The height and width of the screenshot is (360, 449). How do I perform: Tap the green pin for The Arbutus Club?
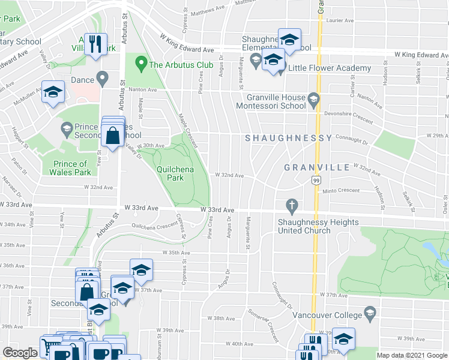point(141,62)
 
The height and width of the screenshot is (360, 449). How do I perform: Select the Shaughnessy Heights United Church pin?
point(292,205)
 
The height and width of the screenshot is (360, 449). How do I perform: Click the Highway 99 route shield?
point(315,179)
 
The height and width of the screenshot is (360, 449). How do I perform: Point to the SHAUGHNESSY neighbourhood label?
point(288,138)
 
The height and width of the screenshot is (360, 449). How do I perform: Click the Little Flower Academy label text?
point(330,68)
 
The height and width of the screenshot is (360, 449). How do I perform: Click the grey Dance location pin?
point(103,78)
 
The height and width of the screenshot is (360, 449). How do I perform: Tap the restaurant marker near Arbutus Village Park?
point(95,44)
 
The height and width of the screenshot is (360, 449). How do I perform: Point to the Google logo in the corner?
point(20,353)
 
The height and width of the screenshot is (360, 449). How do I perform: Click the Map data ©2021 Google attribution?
point(412,355)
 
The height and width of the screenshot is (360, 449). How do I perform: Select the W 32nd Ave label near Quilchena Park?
point(230,175)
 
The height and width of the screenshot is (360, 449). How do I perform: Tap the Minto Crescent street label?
point(341,191)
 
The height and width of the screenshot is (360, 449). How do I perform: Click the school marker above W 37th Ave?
point(141,270)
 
